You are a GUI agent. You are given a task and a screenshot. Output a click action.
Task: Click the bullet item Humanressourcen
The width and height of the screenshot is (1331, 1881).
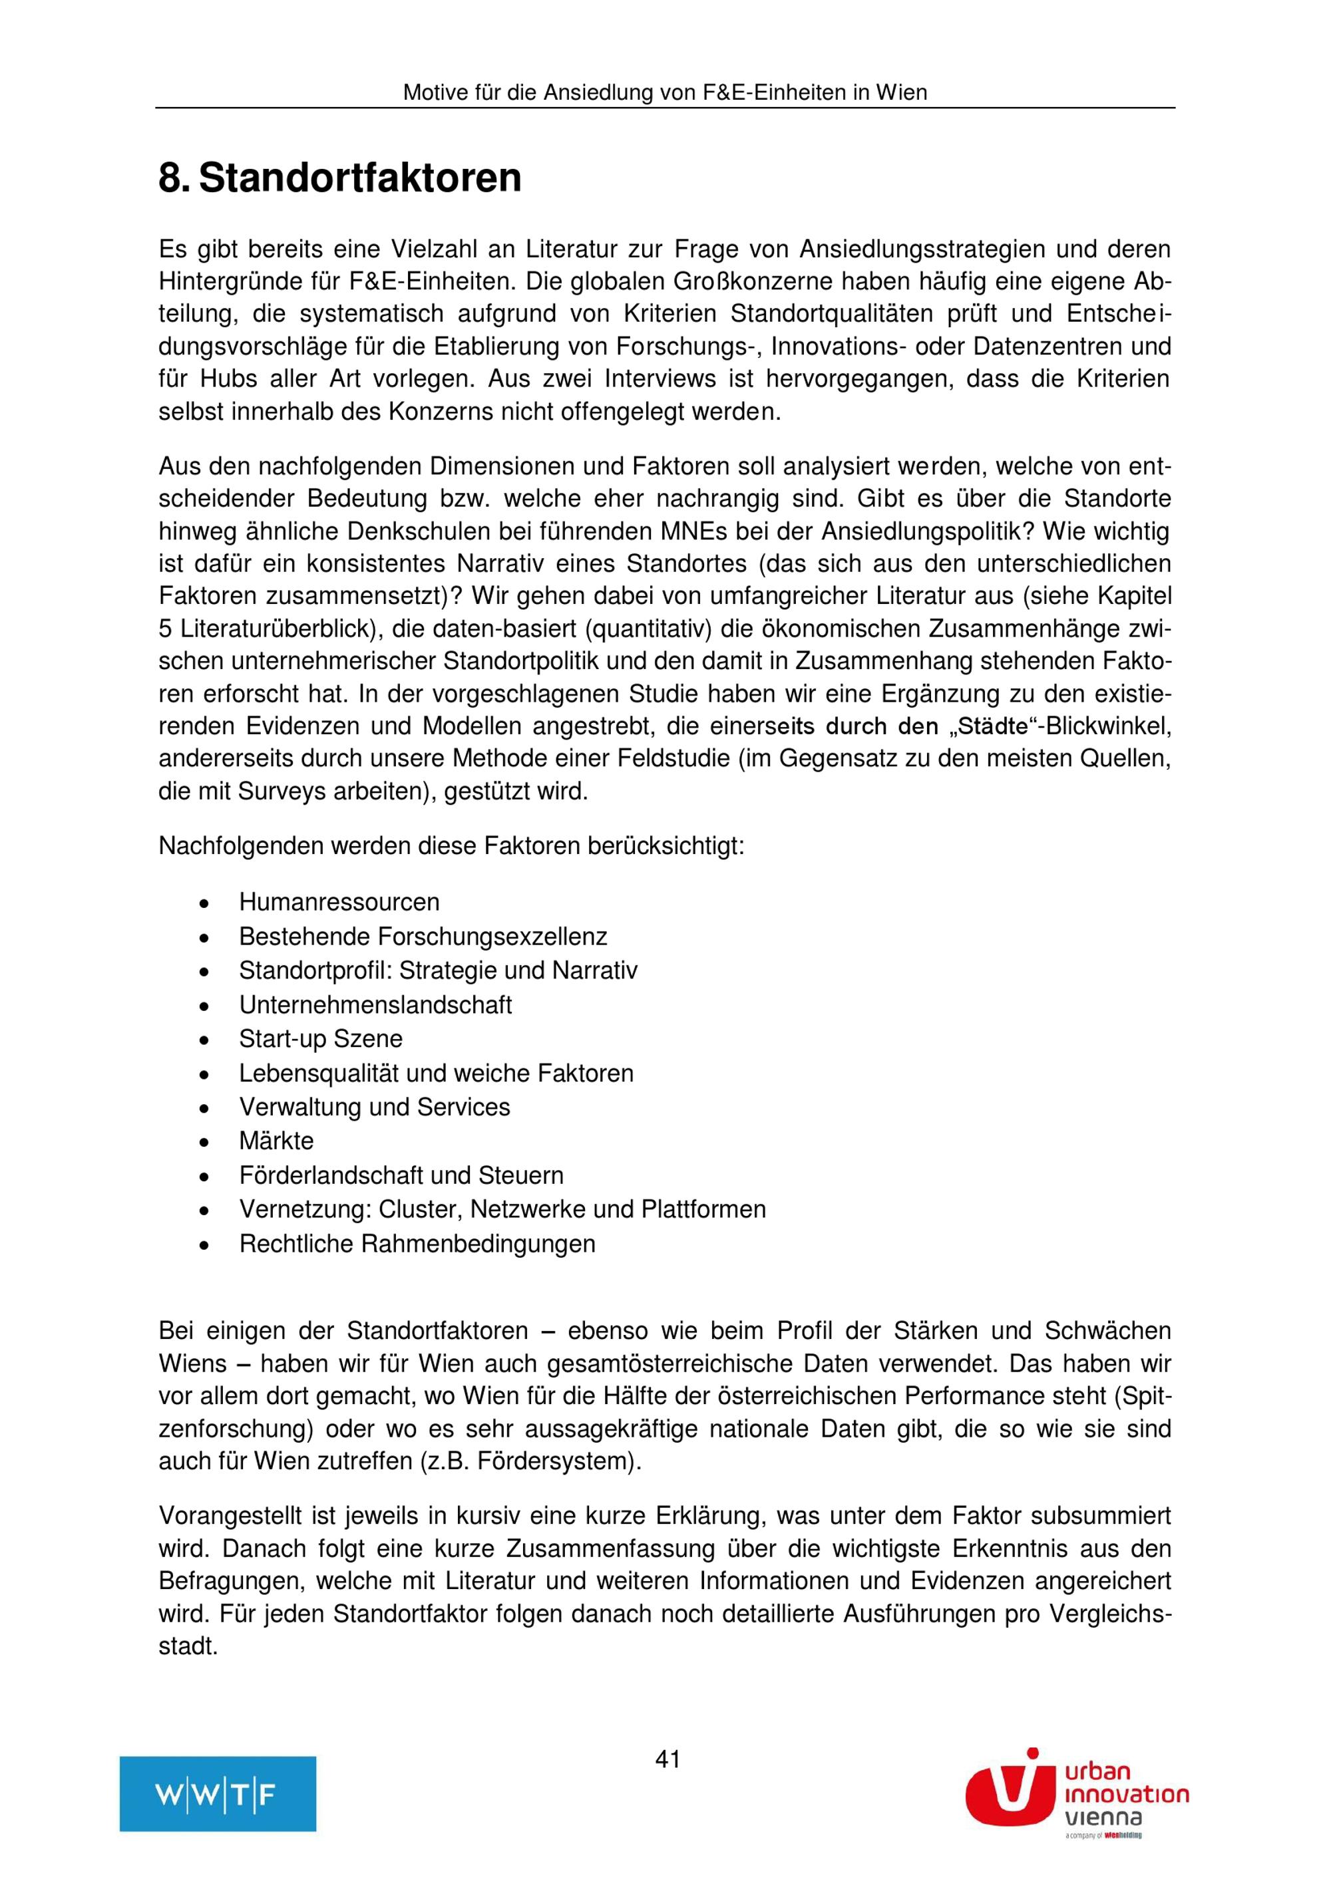(339, 902)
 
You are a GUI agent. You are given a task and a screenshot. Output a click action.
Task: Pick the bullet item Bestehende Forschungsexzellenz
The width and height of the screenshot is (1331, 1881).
(423, 937)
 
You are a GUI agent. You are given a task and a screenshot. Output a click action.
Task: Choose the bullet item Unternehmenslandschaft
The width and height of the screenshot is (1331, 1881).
(375, 1004)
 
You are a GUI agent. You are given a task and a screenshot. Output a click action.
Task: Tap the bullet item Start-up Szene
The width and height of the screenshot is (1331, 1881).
(321, 1039)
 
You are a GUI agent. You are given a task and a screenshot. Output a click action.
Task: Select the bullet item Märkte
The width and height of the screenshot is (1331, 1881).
(276, 1141)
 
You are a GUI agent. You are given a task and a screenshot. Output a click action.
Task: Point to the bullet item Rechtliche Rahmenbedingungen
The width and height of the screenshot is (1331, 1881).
(417, 1244)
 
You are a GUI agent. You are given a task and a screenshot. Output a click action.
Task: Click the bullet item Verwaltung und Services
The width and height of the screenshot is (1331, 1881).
(375, 1107)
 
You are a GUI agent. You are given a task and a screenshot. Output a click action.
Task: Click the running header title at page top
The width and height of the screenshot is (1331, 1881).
(665, 92)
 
